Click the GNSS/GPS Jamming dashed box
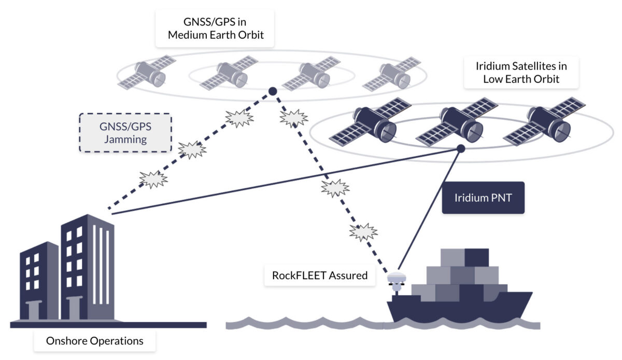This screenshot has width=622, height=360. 125,132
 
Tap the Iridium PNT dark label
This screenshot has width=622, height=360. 483,197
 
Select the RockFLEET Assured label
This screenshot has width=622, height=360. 320,275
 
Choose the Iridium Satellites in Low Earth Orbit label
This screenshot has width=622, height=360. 521,73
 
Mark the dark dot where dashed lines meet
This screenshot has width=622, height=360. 272,92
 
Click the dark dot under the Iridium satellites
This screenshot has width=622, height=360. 460,149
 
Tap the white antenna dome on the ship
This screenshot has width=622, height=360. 397,279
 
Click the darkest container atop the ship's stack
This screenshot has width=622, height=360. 476,257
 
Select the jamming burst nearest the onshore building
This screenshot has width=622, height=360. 153,179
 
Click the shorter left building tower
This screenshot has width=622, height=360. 39,280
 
